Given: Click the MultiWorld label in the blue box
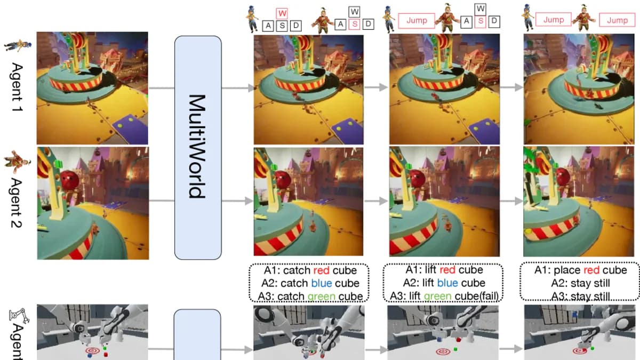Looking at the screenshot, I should pos(197,147).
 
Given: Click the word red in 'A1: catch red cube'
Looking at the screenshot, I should pos(322,270).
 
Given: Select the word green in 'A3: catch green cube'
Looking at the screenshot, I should pos(321,296).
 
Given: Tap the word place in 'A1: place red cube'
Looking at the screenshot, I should pos(566,270).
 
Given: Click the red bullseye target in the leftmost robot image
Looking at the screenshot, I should pos(93,351).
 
